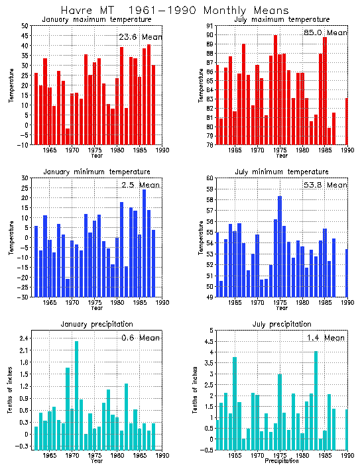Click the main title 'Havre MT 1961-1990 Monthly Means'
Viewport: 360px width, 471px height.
[174, 11]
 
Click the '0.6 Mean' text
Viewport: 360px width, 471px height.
[141, 338]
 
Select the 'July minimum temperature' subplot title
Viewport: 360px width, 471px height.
[282, 172]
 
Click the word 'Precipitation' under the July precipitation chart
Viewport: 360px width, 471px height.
[282, 461]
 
